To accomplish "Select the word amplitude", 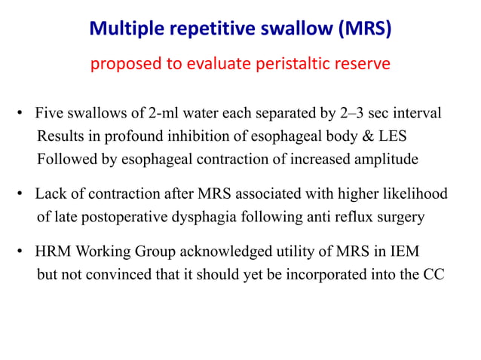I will click(384, 159).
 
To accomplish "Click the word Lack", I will click(50, 194).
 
